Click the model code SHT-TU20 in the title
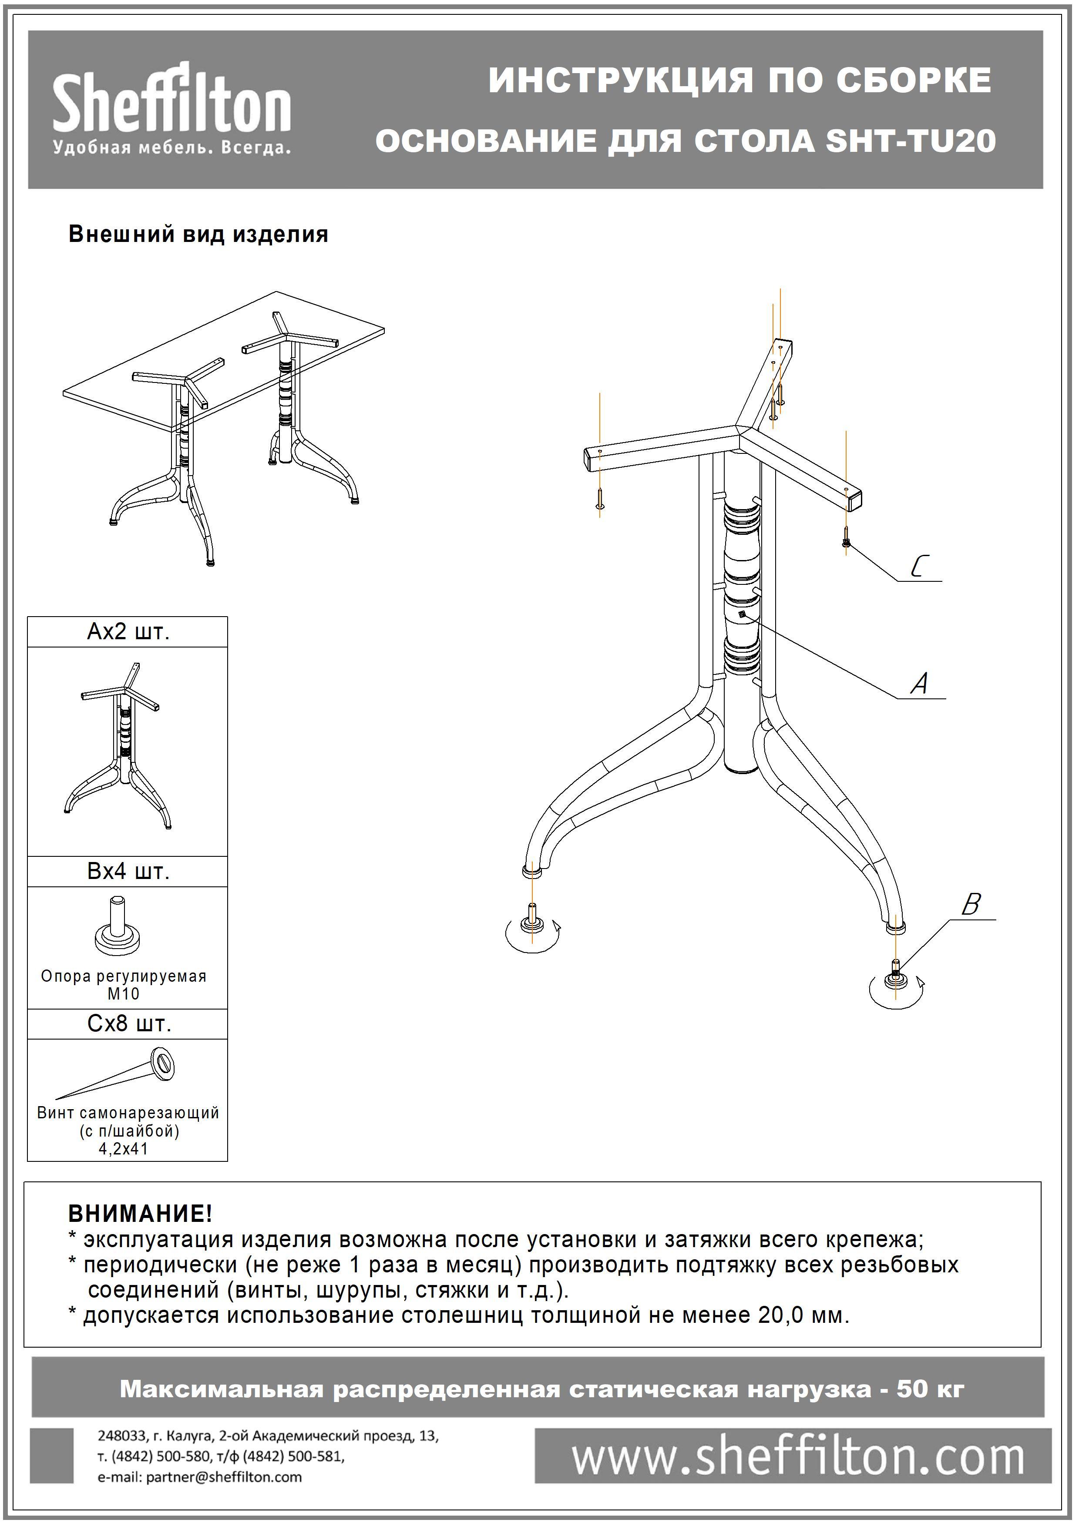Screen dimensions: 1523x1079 (910, 141)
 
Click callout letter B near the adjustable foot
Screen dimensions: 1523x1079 (971, 904)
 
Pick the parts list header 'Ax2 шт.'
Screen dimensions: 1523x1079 (128, 632)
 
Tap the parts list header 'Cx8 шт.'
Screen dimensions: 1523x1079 (129, 1023)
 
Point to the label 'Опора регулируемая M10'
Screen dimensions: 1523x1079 (124, 985)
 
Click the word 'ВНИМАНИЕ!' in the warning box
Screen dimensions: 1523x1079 (140, 1214)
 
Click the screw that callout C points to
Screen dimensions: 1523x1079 (846, 536)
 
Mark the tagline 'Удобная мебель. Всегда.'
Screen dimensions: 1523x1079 (171, 148)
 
